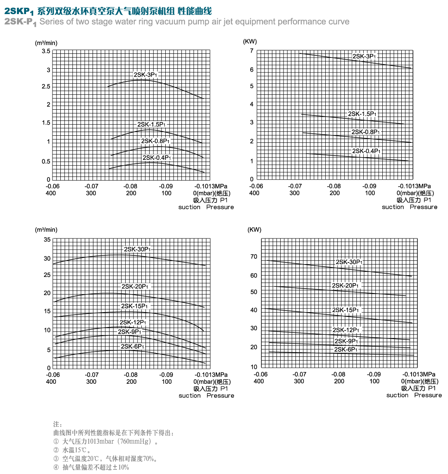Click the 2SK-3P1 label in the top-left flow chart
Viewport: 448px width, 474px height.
[x=145, y=75]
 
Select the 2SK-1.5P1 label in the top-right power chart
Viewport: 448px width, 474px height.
[x=362, y=114]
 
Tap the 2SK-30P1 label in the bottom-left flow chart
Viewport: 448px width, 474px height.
[x=137, y=249]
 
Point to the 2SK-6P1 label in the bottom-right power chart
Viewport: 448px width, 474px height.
[x=346, y=350]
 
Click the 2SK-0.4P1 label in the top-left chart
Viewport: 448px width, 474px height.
[x=157, y=158]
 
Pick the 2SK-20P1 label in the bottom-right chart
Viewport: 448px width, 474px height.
[x=346, y=286]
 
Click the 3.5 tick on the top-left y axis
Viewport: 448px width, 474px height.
[x=46, y=51]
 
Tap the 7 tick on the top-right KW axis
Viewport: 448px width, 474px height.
[x=251, y=51]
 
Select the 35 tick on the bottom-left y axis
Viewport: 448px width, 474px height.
[x=47, y=240]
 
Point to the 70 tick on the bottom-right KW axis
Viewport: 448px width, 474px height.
[x=253, y=257]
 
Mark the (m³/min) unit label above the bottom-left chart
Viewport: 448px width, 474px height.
[x=46, y=230]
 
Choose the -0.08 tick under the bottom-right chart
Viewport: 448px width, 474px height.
[x=339, y=375]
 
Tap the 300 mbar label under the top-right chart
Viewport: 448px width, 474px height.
[x=294, y=193]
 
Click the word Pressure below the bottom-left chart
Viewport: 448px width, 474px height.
[x=220, y=396]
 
